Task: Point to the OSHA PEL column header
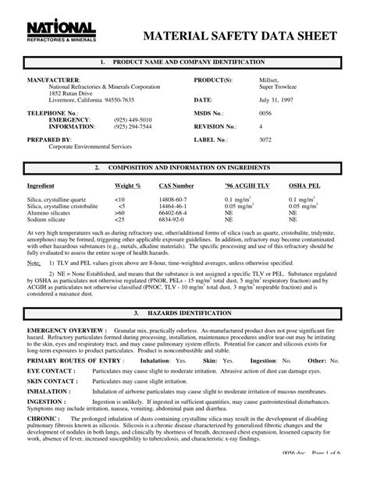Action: pos(306,186)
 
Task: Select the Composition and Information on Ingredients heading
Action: pos(185,168)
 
